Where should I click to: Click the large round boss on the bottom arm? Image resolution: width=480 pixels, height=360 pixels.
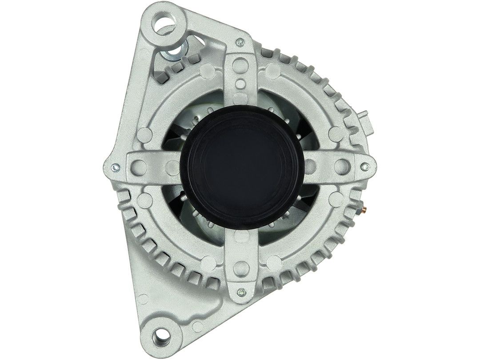[240, 267]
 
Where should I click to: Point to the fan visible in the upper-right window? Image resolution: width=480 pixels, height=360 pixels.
[284, 120]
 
